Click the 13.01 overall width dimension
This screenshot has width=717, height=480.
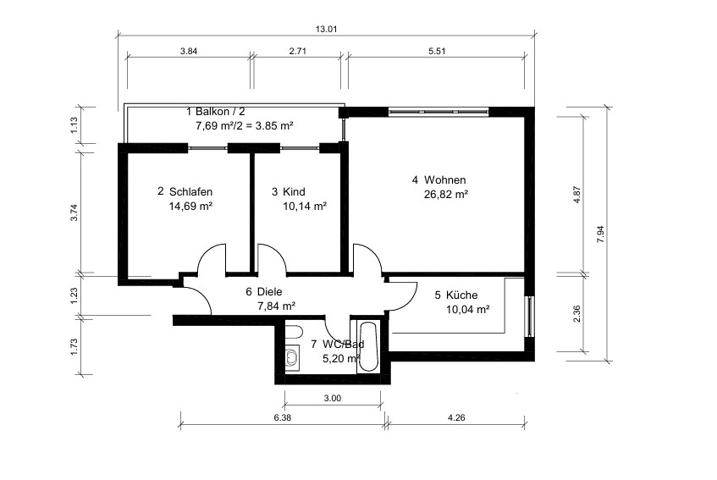pos(326,30)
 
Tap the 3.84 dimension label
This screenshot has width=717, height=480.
pos(189,51)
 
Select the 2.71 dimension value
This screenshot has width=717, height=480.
pos(298,51)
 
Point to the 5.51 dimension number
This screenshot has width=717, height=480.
pos(437,51)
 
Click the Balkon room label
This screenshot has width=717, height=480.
pos(212,112)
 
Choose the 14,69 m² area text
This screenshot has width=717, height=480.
pos(190,207)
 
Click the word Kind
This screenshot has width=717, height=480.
pos(294,191)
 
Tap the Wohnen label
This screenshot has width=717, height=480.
pos(445,180)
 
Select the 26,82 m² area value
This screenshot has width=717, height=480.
pos(446,195)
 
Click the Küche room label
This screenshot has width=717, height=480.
pos(462,295)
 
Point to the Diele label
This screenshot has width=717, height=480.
pos(270,292)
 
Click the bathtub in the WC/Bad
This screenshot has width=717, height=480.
pos(368,347)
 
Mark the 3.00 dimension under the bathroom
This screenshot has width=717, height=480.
pos(333,398)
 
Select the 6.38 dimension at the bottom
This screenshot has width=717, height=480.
pos(283,417)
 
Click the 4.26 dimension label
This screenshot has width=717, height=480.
pos(456,417)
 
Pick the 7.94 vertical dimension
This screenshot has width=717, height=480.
pos(601,234)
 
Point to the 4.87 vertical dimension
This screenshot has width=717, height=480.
pos(577,195)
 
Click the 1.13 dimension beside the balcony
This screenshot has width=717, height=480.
pos(75,124)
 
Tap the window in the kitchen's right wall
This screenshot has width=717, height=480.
pos(530,317)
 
